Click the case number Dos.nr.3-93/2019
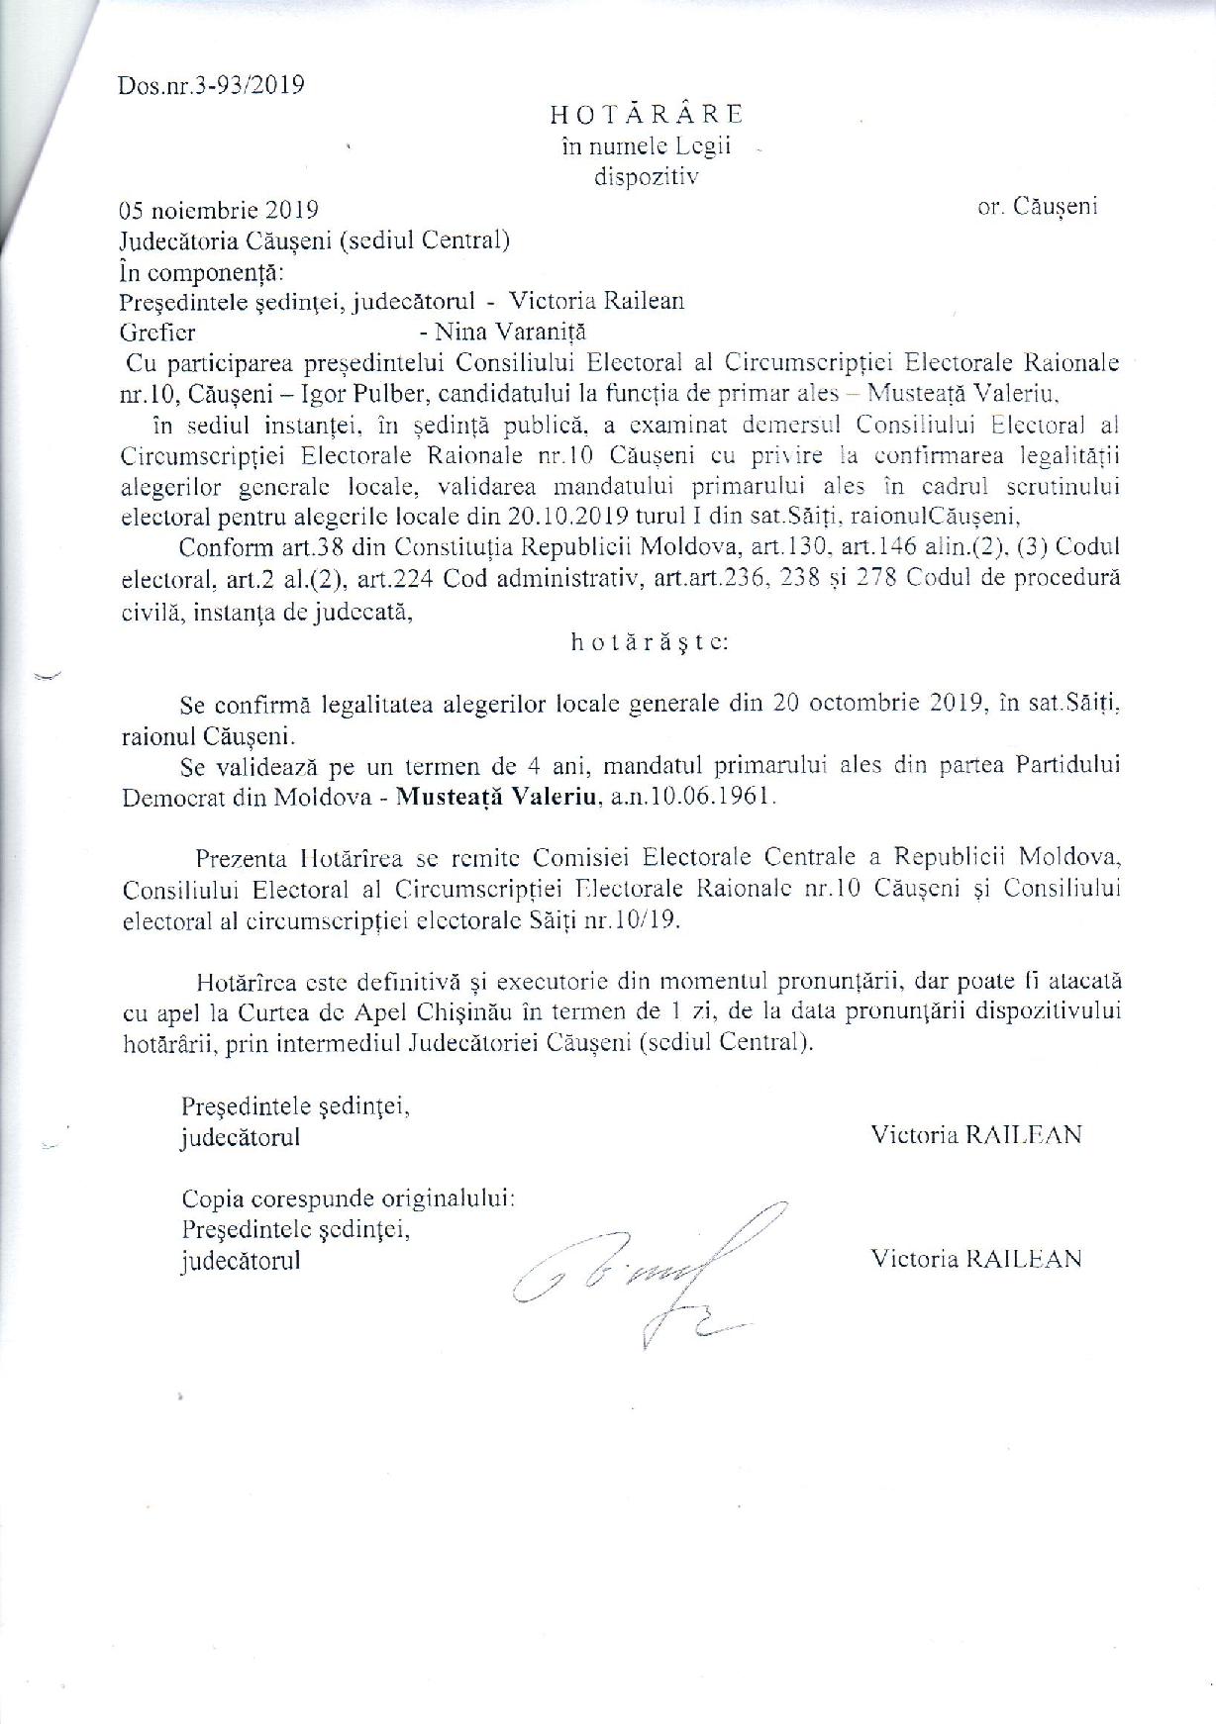coord(211,84)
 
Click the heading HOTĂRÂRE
coord(648,115)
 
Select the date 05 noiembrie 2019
coord(218,210)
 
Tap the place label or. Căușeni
coord(1037,208)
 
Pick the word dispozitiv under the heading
coord(646,178)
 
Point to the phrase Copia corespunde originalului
coord(348,1199)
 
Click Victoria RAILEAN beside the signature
coord(975,1258)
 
